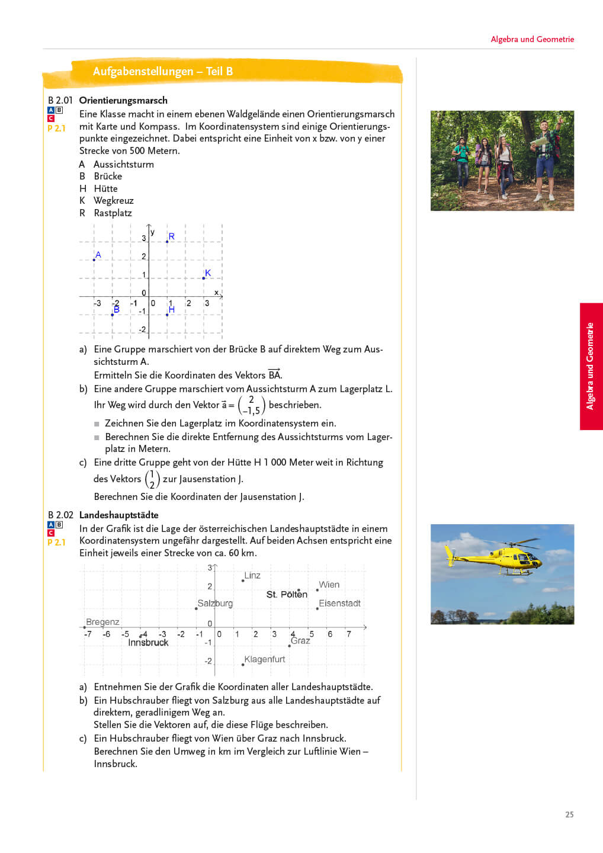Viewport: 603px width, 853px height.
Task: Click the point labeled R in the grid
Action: pyautogui.click(x=171, y=237)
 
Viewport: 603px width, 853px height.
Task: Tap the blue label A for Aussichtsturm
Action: pyautogui.click(x=98, y=255)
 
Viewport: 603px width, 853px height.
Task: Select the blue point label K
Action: pyautogui.click(x=207, y=273)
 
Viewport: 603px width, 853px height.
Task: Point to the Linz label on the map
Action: pyautogui.click(x=252, y=575)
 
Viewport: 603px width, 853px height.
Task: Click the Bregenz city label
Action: pyautogui.click(x=102, y=621)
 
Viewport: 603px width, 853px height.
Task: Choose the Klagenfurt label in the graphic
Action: pyautogui.click(x=265, y=659)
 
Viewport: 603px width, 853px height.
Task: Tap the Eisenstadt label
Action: pyautogui.click(x=339, y=603)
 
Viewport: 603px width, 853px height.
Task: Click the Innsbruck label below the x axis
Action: pyautogui.click(x=148, y=642)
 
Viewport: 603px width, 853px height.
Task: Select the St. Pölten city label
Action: pyautogui.click(x=287, y=594)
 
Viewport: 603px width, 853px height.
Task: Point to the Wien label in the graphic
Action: pyautogui.click(x=329, y=585)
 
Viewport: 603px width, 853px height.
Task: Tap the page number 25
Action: pyautogui.click(x=569, y=814)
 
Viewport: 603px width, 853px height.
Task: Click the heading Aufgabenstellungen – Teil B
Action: pyautogui.click(x=163, y=71)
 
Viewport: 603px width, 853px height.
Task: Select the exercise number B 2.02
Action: pyautogui.click(x=60, y=515)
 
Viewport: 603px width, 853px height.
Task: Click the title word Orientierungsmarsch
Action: pyautogui.click(x=123, y=100)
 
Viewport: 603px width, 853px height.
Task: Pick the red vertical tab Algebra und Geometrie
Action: pyautogui.click(x=591, y=366)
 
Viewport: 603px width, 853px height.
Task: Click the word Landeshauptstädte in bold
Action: pyautogui.click(x=119, y=515)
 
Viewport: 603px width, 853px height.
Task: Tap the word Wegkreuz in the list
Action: pyautogui.click(x=114, y=200)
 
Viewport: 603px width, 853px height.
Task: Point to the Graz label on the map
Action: pyautogui.click(x=300, y=640)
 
